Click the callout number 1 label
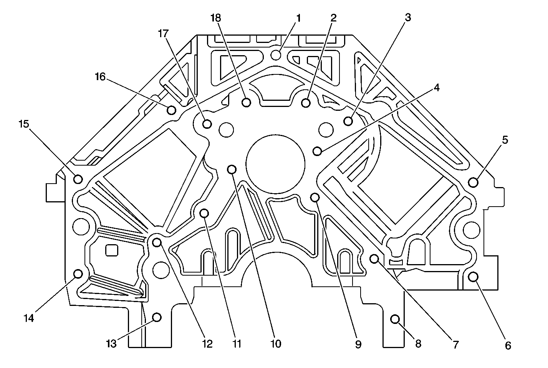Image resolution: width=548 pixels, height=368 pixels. [x=298, y=18]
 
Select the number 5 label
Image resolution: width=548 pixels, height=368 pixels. [x=505, y=140]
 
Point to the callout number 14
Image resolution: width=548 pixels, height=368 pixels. [x=29, y=318]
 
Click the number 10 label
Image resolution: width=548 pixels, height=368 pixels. [x=275, y=344]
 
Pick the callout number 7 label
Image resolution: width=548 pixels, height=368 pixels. [x=455, y=345]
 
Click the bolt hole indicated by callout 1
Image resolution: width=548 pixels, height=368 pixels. [x=276, y=55]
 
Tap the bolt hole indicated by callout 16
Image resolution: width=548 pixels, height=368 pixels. [x=172, y=110]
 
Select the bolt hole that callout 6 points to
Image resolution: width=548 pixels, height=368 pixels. [x=473, y=276]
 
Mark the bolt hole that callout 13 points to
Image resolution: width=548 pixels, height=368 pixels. [x=157, y=317]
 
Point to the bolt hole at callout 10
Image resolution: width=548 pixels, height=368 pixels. [x=232, y=169]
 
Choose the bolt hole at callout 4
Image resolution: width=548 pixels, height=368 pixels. [x=317, y=151]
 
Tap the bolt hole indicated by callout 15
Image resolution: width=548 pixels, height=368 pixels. [x=78, y=179]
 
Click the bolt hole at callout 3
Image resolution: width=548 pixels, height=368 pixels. [x=348, y=121]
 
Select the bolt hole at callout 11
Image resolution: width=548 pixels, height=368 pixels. [x=204, y=212]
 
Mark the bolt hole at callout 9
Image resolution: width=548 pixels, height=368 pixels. [x=315, y=197]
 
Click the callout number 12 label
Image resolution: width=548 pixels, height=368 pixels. [x=207, y=344]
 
